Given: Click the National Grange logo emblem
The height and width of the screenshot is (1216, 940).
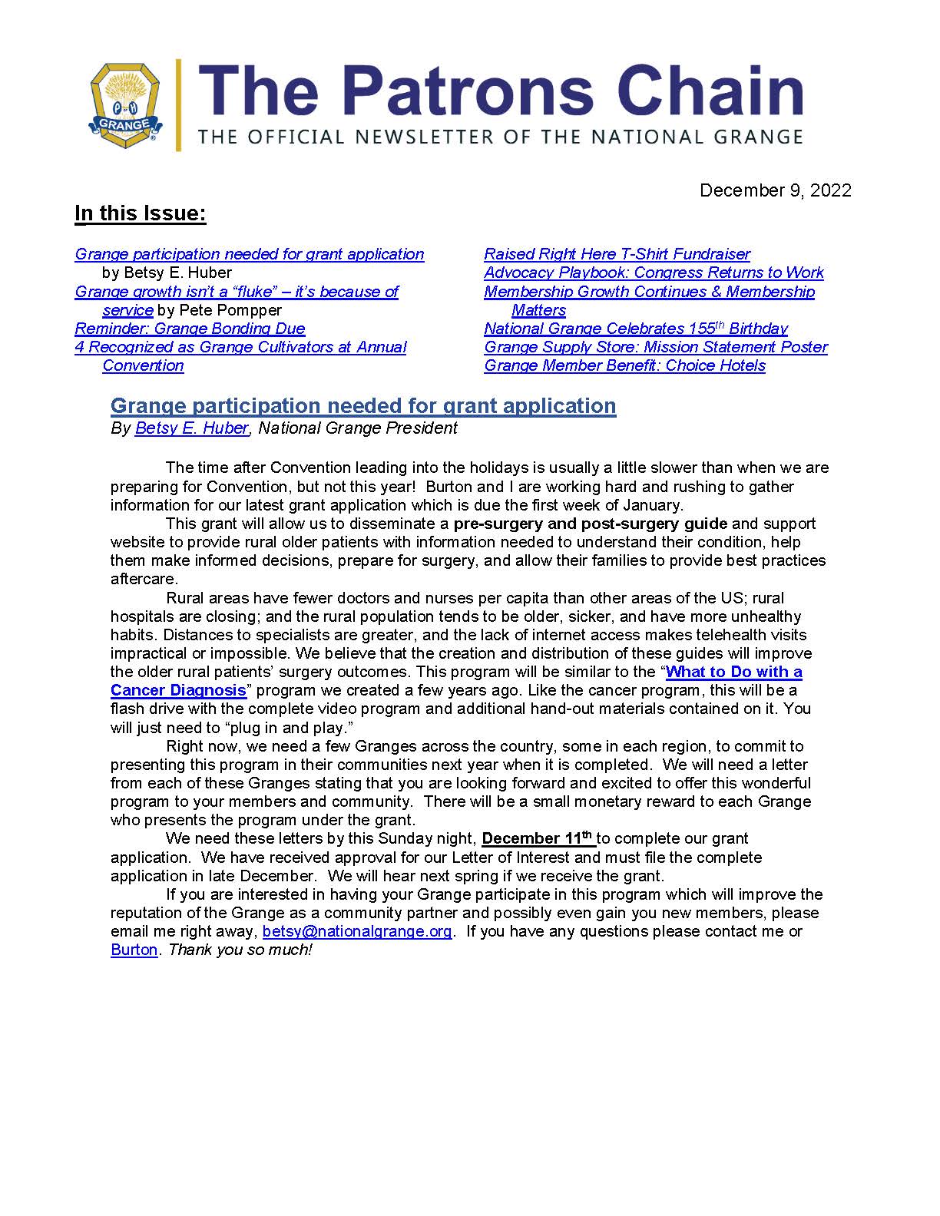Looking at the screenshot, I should [124, 105].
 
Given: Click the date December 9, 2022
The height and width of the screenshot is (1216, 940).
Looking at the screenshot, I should [775, 190].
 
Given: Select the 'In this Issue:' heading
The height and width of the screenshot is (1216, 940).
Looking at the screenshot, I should [141, 213].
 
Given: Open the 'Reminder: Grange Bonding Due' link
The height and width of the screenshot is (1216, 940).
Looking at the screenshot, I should [190, 329].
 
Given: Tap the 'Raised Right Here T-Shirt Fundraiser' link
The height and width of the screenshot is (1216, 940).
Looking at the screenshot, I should [617, 254].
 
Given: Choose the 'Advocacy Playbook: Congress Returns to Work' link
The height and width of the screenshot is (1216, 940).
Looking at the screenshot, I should [654, 273].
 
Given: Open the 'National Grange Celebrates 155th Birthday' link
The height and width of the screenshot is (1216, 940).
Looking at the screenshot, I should [636, 329].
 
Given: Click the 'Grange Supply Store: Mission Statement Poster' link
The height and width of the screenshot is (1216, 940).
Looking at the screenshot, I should [656, 347].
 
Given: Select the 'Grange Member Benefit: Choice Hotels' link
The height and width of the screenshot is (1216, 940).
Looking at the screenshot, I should [624, 365].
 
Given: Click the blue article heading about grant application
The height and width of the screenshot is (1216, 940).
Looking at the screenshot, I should [363, 405].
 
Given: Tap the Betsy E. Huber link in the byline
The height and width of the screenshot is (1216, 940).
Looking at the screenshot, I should [191, 428].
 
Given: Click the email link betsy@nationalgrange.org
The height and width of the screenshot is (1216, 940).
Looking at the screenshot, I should [357, 931].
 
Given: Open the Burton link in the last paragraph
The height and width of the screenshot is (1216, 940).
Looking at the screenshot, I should [134, 950].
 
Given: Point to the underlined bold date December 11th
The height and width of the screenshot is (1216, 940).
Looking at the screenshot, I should [538, 838].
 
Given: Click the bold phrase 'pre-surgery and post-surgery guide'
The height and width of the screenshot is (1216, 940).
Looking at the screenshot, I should [590, 524].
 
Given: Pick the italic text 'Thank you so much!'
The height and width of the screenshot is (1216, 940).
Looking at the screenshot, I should [240, 950].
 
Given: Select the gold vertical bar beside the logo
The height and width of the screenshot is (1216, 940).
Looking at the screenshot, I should [179, 105].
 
